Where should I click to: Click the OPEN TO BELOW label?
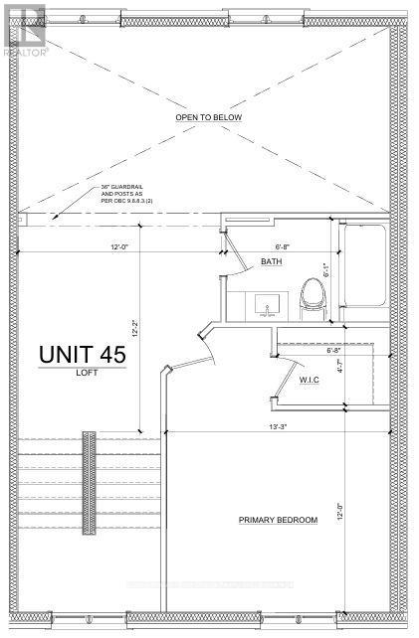pyautogui.click(x=209, y=116)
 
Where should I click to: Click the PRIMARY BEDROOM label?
pyautogui.click(x=277, y=520)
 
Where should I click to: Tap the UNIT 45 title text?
pyautogui.click(x=82, y=353)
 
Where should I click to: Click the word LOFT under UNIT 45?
pyautogui.click(x=82, y=375)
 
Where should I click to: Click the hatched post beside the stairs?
pyautogui.click(x=90, y=482)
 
